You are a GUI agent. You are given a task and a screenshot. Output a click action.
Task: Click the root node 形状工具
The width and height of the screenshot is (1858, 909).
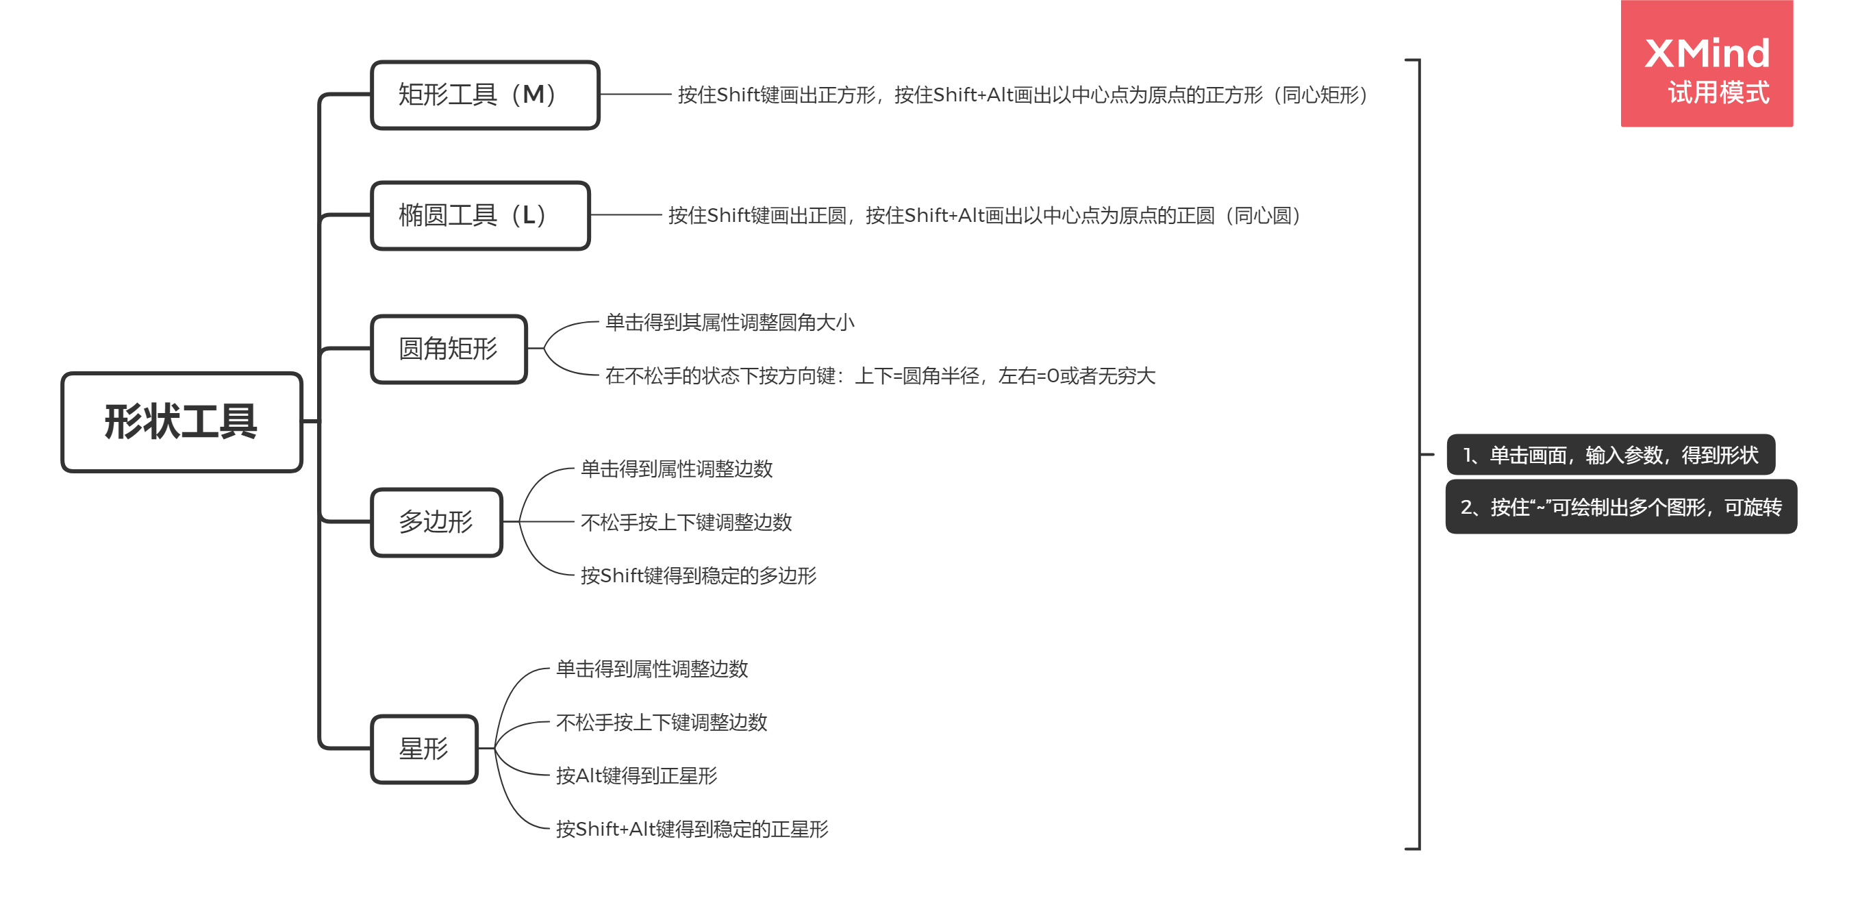click(181, 422)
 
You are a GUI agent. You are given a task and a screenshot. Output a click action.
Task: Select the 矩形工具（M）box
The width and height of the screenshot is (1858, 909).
click(485, 95)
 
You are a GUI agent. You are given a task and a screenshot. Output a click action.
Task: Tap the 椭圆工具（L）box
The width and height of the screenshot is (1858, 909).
click(479, 216)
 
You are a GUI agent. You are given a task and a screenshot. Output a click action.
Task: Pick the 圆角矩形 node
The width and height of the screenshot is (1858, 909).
click(448, 349)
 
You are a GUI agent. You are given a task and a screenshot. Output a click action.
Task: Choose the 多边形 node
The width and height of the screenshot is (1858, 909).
click(436, 522)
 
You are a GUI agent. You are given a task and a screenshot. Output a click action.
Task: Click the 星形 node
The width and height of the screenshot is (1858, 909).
click(424, 749)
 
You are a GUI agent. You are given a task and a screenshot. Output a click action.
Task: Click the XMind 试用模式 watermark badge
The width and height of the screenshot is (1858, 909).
click(1706, 65)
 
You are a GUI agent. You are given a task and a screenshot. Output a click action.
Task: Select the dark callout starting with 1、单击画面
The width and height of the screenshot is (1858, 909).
click(1610, 456)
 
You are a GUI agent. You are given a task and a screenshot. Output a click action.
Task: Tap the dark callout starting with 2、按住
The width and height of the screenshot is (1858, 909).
click(1621, 507)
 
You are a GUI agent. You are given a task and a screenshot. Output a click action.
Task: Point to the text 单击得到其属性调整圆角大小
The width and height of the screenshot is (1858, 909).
click(729, 323)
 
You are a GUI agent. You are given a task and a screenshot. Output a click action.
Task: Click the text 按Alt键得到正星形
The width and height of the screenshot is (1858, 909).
click(636, 775)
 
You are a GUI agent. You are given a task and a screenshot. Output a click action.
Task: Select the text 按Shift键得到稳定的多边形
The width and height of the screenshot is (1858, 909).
click(698, 575)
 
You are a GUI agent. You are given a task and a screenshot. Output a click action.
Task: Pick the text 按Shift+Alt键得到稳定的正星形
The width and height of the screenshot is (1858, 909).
click(692, 829)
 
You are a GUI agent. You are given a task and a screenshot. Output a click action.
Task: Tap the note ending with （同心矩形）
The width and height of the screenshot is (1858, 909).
click(1022, 95)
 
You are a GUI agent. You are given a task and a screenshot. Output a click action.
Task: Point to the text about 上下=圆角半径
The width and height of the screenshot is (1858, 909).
click(880, 376)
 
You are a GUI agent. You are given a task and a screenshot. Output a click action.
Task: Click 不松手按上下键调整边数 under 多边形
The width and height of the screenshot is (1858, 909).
click(686, 522)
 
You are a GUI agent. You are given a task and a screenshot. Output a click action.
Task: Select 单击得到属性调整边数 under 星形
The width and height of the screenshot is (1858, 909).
click(651, 669)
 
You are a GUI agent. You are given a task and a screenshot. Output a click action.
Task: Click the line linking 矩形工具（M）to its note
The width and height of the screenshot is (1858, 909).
click(635, 95)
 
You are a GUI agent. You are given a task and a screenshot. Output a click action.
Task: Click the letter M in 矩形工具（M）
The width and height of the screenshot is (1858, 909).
click(533, 95)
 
